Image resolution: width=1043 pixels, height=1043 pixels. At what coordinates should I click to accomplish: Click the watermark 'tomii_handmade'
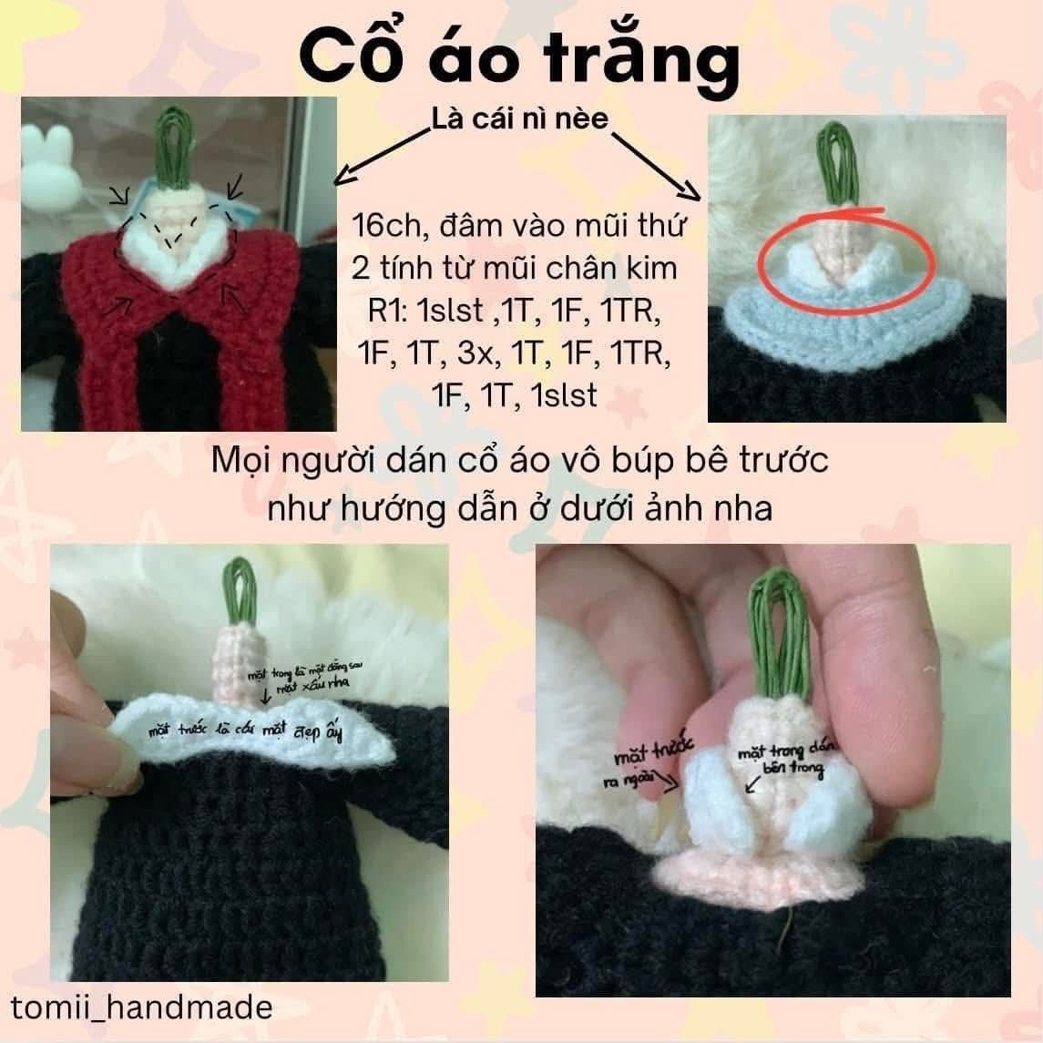pyautogui.click(x=141, y=1007)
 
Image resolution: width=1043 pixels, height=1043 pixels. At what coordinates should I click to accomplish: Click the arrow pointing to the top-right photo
pyautogui.click(x=658, y=164)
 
